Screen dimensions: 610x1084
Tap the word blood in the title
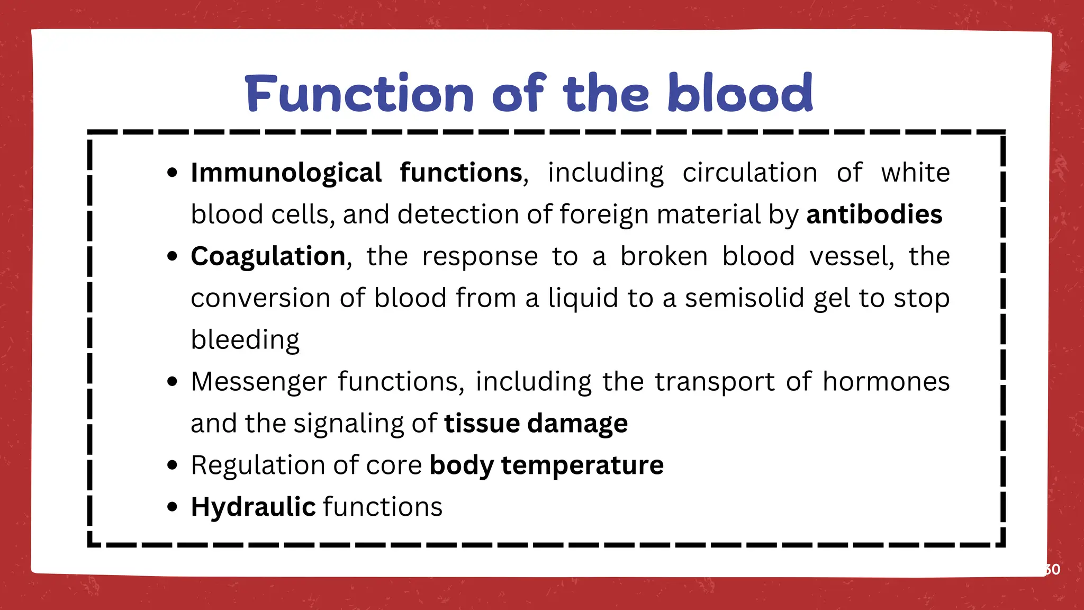[x=740, y=94]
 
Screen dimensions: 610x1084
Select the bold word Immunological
[x=286, y=173]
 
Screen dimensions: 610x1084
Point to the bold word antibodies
[x=874, y=214]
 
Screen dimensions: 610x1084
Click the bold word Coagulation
[x=268, y=256]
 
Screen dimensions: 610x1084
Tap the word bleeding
[x=245, y=339]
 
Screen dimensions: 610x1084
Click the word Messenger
[x=259, y=381]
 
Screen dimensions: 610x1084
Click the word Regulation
[x=253, y=465]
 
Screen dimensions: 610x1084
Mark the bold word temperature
[x=582, y=465]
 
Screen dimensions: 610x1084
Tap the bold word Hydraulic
[x=253, y=507]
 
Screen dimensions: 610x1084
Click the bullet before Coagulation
[x=172, y=256]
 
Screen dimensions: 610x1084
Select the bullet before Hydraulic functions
[x=172, y=507]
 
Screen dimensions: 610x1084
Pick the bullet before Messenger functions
[x=172, y=381]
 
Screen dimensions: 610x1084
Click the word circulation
[x=749, y=173]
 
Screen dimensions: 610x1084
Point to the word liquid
[x=583, y=298]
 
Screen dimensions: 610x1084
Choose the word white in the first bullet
[x=915, y=173]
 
